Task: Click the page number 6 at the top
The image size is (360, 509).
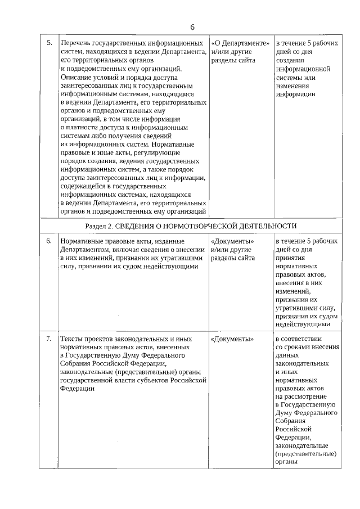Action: coord(192,28)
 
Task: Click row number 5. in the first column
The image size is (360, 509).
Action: coord(49,43)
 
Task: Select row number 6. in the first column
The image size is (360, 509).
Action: coord(49,241)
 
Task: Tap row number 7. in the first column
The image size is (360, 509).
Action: coord(49,339)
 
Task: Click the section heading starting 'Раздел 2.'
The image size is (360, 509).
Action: coord(191,226)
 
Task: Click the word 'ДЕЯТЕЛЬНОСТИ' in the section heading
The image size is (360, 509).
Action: coord(265,226)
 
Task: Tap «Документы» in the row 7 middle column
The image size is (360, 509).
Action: coord(232,339)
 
